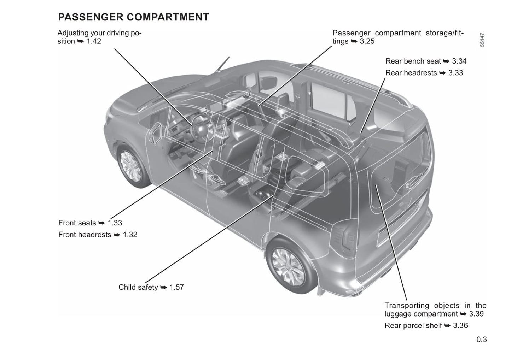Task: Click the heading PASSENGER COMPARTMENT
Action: tap(133, 17)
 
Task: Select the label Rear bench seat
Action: tap(413, 61)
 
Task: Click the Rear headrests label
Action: tap(411, 73)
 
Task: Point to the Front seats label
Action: tap(77, 223)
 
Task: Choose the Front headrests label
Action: tap(85, 235)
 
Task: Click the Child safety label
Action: tap(138, 287)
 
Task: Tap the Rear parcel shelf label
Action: tap(413, 326)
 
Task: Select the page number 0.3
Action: tap(481, 340)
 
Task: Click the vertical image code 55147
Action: tap(482, 40)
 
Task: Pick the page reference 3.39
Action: tap(476, 314)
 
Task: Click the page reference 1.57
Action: tap(176, 287)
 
